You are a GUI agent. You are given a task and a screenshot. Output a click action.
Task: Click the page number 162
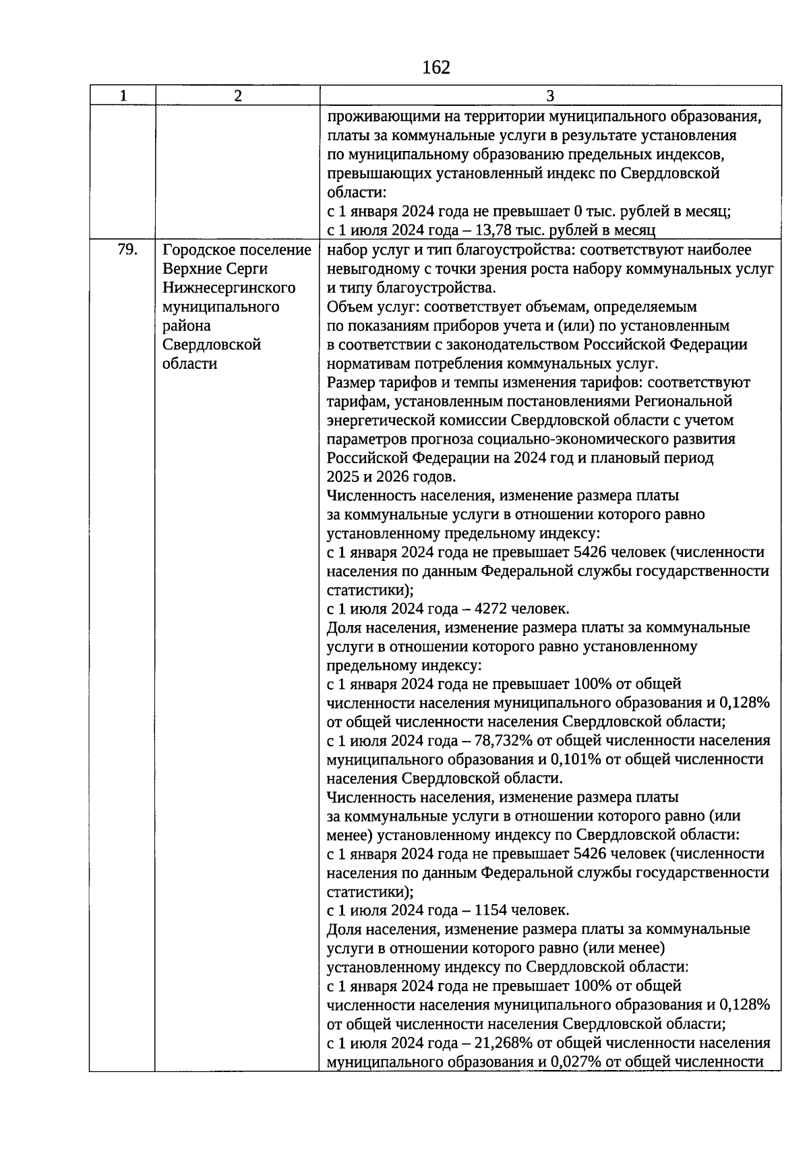[436, 67]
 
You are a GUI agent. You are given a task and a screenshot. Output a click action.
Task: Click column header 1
[122, 96]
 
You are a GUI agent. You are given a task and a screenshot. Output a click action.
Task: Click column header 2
[237, 96]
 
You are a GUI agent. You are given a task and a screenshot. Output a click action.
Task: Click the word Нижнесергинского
[229, 288]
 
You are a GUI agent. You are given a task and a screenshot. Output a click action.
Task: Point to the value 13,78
[495, 231]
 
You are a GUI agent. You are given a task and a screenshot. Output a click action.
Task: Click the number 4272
[491, 609]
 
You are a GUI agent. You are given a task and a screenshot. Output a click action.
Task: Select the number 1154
[491, 910]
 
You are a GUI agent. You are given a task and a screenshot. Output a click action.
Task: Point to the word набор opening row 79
[347, 250]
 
